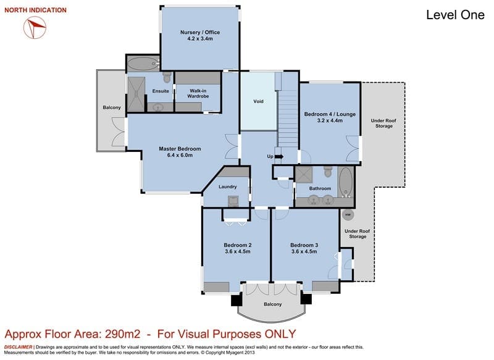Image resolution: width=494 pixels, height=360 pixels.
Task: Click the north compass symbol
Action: [35, 28]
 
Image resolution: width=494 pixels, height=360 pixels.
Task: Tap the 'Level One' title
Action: [455, 15]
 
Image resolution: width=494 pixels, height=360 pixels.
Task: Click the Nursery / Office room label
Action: [200, 32]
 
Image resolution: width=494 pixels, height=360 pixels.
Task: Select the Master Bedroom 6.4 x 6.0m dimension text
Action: [180, 155]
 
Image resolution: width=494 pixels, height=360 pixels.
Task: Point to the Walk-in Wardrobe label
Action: [198, 93]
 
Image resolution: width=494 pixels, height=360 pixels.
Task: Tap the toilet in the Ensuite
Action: [167, 77]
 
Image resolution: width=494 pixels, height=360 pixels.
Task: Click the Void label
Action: [258, 101]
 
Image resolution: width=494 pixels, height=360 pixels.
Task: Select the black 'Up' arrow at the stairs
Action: [279, 157]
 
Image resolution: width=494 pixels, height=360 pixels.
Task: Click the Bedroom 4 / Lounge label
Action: [330, 114]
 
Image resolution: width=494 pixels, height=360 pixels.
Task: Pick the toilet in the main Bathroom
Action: [328, 172]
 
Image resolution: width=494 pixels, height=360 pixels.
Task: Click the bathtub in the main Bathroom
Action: [346, 182]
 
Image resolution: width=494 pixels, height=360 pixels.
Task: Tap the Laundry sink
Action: [233, 201]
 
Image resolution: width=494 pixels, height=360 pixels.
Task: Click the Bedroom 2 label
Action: [238, 245]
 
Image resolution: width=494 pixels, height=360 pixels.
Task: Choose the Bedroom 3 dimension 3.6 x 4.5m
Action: [304, 252]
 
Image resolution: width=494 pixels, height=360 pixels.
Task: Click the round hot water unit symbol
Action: [348, 215]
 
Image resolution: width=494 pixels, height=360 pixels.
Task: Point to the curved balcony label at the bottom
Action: [273, 304]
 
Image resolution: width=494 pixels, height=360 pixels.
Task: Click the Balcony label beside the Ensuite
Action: [112, 107]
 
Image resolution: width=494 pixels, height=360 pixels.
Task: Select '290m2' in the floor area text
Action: [122, 334]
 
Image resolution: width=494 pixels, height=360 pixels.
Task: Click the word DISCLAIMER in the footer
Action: [18, 347]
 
